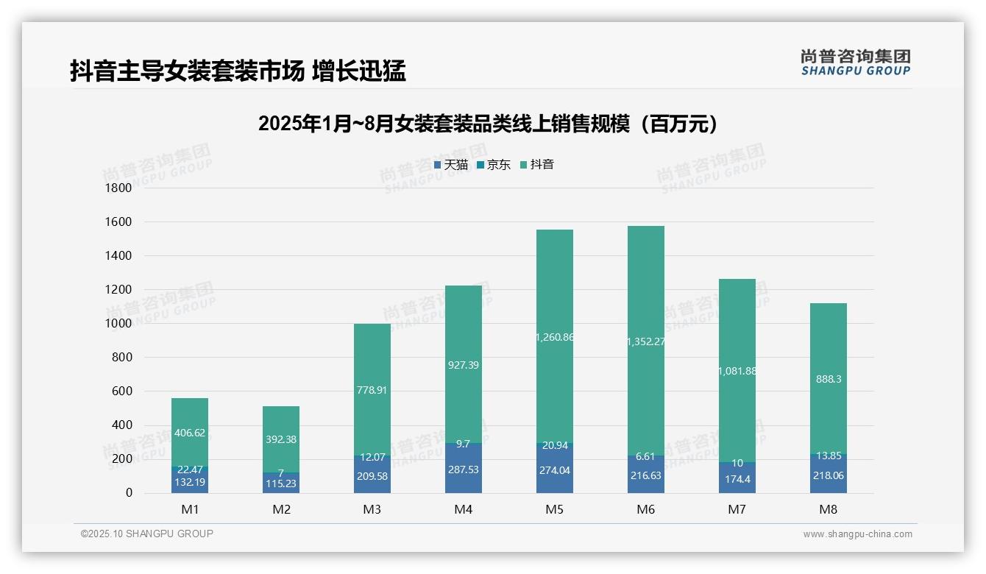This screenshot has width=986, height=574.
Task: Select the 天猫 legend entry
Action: [450, 165]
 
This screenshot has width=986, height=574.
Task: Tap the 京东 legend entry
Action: [494, 165]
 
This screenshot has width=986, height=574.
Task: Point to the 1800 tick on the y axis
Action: [118, 188]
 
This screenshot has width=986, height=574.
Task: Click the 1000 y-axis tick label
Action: [118, 324]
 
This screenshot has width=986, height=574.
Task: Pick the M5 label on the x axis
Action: [555, 509]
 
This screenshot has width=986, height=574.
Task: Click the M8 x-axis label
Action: [829, 509]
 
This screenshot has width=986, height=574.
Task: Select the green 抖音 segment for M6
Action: [646, 294]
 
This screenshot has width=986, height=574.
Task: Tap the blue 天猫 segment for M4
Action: [464, 471]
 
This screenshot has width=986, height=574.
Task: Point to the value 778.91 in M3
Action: [372, 390]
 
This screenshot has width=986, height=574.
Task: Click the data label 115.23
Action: [281, 484]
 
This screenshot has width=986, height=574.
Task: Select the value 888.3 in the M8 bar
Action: [829, 379]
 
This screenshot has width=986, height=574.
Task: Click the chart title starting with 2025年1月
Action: [488, 124]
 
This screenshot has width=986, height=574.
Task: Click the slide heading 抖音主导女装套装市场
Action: [238, 71]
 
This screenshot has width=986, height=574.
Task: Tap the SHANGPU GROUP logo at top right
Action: [856, 63]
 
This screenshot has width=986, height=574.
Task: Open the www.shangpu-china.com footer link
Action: [857, 534]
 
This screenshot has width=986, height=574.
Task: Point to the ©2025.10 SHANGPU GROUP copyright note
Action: [147, 534]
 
